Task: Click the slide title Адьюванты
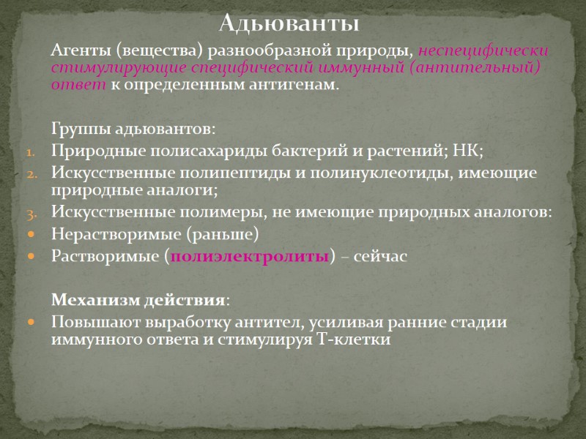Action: (x=290, y=24)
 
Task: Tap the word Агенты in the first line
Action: (x=77, y=52)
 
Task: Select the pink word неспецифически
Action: (x=483, y=52)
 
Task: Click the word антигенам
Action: (x=296, y=85)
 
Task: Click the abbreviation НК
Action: (x=467, y=151)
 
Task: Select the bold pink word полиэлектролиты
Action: (x=249, y=257)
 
